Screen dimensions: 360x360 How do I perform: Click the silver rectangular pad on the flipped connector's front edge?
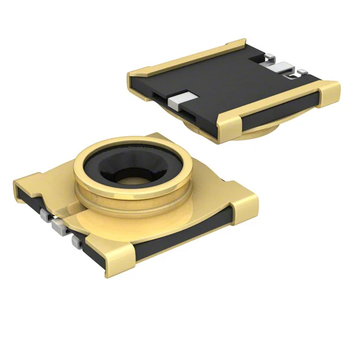pos(179,101)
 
